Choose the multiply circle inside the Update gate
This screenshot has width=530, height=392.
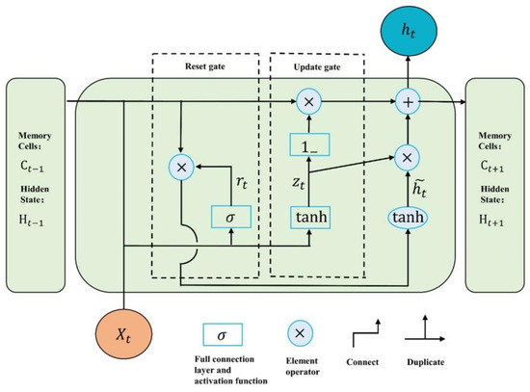pyautogui.click(x=307, y=100)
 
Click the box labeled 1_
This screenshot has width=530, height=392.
pyautogui.click(x=307, y=146)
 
